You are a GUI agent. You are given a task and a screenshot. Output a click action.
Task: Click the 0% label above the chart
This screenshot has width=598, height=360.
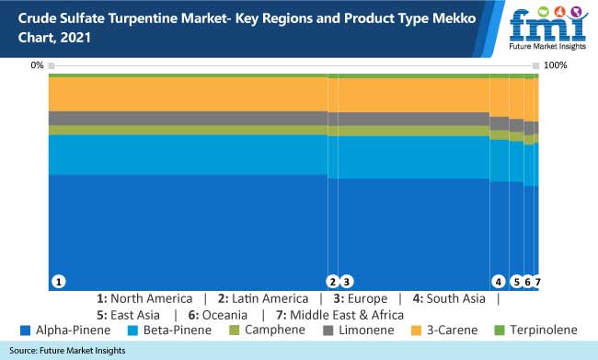[x=37, y=65]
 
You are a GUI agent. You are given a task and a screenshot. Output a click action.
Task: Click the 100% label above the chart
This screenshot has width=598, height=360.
[x=556, y=65]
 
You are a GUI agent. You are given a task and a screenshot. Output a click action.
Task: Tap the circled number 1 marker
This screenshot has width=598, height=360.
[x=58, y=282]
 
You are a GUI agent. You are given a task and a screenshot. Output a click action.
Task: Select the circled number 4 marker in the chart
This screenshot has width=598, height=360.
[x=498, y=282]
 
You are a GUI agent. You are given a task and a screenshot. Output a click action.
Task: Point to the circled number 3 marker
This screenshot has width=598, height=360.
[x=347, y=282]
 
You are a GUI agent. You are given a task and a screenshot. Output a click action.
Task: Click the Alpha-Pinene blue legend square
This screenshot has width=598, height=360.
[x=25, y=330]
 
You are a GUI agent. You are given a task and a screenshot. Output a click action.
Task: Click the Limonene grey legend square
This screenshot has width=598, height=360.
[x=327, y=330]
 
